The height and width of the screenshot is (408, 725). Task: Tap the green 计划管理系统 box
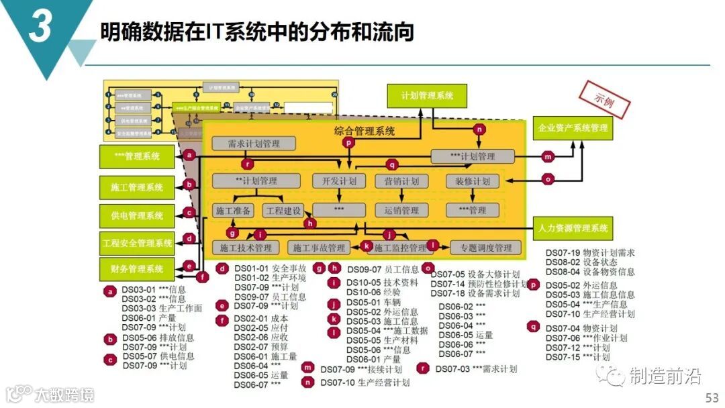click(426, 96)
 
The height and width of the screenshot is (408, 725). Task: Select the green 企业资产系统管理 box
click(573, 127)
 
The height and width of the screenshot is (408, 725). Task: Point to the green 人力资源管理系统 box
click(573, 228)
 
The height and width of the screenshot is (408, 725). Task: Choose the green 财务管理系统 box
click(137, 269)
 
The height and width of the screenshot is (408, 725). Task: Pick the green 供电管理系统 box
click(137, 215)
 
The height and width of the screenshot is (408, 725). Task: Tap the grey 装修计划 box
click(473, 181)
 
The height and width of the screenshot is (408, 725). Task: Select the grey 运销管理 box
click(401, 211)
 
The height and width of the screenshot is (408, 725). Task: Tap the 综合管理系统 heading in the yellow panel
click(364, 131)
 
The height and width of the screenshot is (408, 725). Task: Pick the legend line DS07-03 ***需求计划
click(476, 368)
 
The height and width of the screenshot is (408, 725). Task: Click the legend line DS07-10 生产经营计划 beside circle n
click(365, 382)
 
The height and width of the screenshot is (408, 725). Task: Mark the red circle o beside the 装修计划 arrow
click(548, 179)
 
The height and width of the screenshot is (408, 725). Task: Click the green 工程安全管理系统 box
click(137, 242)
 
